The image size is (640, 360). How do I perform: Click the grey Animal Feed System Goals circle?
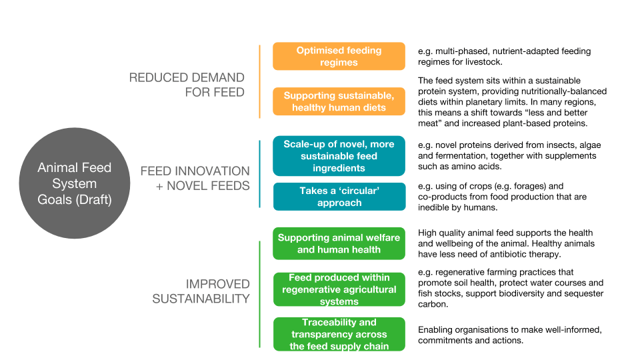click(x=75, y=183)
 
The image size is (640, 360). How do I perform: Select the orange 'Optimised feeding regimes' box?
click(x=339, y=56)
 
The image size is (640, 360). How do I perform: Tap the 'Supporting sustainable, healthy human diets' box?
click(x=339, y=101)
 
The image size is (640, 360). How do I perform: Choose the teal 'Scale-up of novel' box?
click(x=339, y=156)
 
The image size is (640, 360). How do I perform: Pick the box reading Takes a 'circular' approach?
click(x=339, y=197)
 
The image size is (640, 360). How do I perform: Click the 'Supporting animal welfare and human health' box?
click(x=339, y=243)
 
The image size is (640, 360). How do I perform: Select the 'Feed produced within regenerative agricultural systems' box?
click(x=339, y=289)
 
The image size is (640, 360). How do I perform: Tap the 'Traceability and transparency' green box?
click(x=339, y=334)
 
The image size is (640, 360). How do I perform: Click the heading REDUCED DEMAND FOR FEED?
click(x=187, y=85)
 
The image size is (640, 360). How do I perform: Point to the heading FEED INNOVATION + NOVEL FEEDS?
click(x=195, y=179)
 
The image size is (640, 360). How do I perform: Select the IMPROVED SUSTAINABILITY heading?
click(x=201, y=291)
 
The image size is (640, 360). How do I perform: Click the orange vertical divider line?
click(x=259, y=81)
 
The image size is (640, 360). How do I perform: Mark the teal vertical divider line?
click(x=259, y=174)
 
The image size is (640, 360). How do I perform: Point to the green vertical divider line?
click(x=259, y=294)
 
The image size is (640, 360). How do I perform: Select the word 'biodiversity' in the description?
click(x=521, y=293)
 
